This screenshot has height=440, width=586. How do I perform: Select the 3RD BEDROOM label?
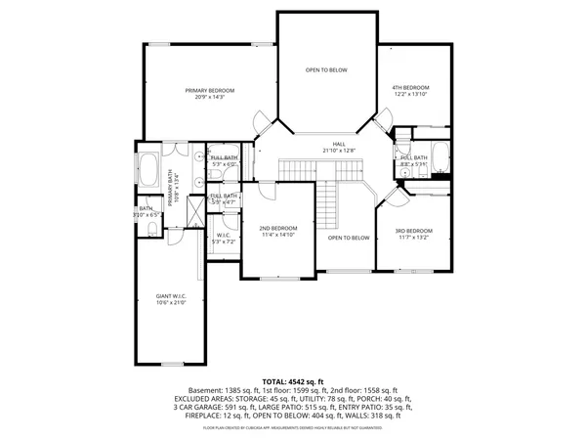pyautogui.click(x=413, y=230)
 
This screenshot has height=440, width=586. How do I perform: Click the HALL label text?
pyautogui.click(x=339, y=144)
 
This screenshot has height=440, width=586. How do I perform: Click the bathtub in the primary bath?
pyautogui.click(x=150, y=170)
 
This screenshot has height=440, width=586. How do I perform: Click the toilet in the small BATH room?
pyautogui.click(x=153, y=229)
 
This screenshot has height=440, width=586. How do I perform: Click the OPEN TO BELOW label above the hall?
pyautogui.click(x=325, y=69)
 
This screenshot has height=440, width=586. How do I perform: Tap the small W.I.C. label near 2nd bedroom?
pyautogui.click(x=224, y=234)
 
